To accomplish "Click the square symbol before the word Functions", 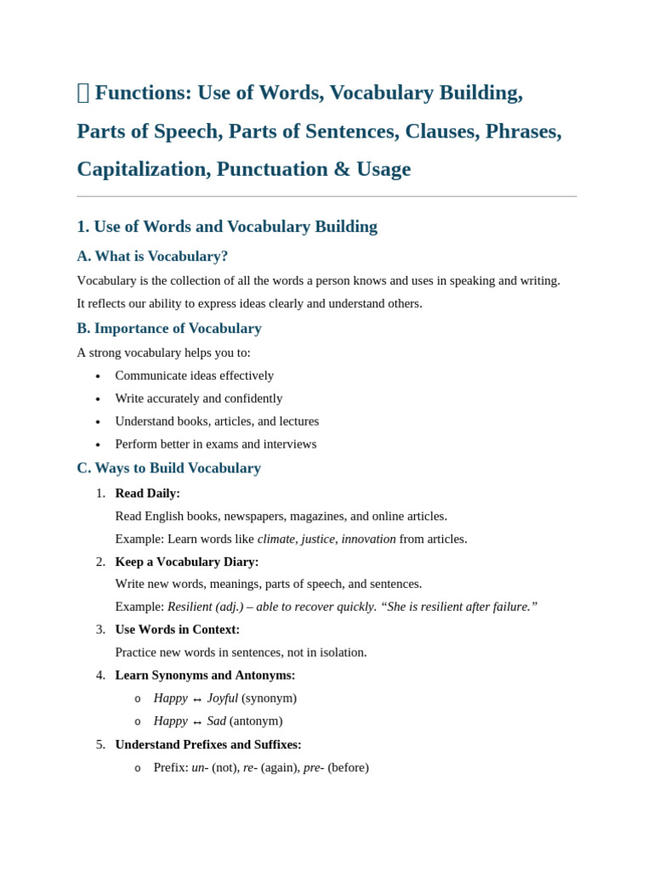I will coord(82,93).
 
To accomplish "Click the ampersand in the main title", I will coord(342,169).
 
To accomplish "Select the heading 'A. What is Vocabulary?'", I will coord(152,256).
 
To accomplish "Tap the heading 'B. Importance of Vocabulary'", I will coord(169,328).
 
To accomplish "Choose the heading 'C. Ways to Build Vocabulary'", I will coord(168,467).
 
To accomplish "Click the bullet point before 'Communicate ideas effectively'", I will coord(98,376).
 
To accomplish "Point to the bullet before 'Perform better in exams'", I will coord(98,445).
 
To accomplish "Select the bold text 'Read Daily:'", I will coord(147,493).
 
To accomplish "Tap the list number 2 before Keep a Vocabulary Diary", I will coord(100,562).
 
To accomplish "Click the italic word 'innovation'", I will coord(368,539).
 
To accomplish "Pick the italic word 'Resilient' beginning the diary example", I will coord(190,607).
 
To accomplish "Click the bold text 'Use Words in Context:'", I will coord(177,630).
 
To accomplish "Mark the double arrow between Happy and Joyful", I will coord(197,699).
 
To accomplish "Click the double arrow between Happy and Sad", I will coord(197,722).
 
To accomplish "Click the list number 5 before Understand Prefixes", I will coord(100,744).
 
